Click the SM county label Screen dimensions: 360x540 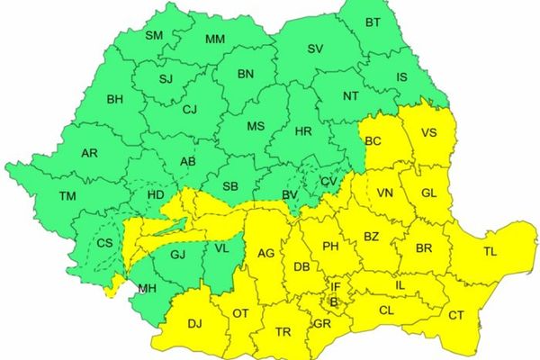[x=154, y=35]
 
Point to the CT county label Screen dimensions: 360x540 [x=455, y=315]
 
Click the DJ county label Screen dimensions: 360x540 [x=193, y=323]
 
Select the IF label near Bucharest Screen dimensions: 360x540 [x=336, y=287]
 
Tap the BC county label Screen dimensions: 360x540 [x=373, y=141]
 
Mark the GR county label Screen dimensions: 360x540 [x=323, y=323]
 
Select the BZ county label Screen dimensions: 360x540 [x=372, y=236]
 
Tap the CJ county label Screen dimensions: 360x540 [x=188, y=111]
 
